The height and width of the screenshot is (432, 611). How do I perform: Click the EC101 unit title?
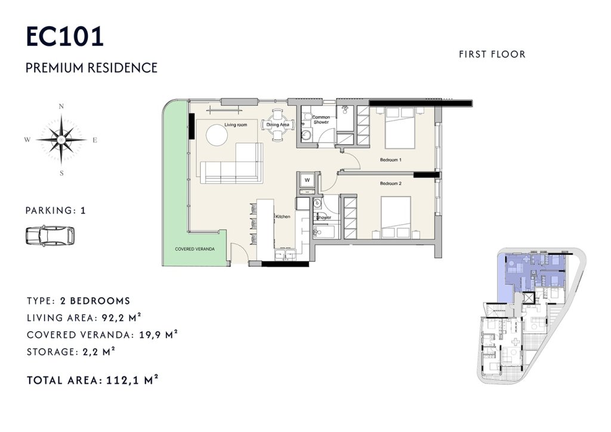[64, 36]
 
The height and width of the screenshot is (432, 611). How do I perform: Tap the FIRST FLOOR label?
[492, 54]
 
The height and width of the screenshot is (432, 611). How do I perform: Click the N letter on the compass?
[61, 106]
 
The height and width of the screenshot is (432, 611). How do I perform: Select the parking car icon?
[50, 235]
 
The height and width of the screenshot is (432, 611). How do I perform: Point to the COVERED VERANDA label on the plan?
[195, 249]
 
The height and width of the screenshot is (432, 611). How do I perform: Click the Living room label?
[236, 125]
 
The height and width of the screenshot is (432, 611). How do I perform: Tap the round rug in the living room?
[217, 135]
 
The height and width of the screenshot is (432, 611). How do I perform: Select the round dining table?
[278, 125]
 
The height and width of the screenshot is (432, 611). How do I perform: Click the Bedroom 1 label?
[391, 160]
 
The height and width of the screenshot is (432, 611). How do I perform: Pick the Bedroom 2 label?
[391, 183]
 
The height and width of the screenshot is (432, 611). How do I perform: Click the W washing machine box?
[307, 180]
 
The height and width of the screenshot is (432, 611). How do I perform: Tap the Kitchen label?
[283, 216]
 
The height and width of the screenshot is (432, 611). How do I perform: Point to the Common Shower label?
[321, 119]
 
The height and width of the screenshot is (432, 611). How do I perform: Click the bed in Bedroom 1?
[400, 128]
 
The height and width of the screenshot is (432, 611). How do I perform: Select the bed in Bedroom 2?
[396, 217]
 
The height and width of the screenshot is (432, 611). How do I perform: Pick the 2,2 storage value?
[90, 352]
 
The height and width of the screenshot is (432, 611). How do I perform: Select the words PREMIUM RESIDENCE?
[91, 68]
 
